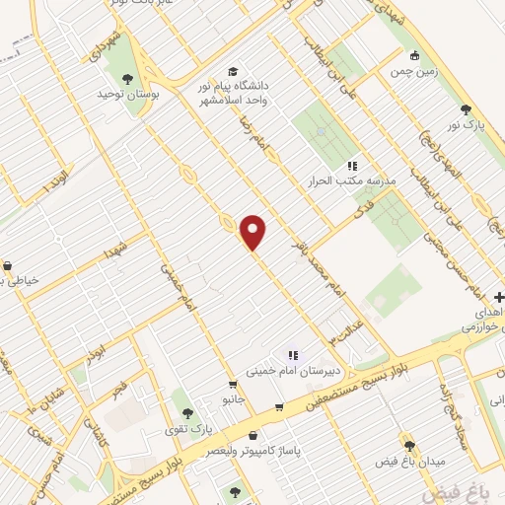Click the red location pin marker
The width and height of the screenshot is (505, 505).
[253, 231]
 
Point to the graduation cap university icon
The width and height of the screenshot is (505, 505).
[233, 71]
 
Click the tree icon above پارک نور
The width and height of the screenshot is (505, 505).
[465, 109]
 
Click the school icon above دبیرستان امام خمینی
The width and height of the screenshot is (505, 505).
[292, 354]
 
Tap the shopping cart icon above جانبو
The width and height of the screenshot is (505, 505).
[233, 385]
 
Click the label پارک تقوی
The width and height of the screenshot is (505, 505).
[188, 427]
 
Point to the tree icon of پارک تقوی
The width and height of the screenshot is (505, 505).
[188, 411]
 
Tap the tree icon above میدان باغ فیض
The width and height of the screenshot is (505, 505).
[408, 445]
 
